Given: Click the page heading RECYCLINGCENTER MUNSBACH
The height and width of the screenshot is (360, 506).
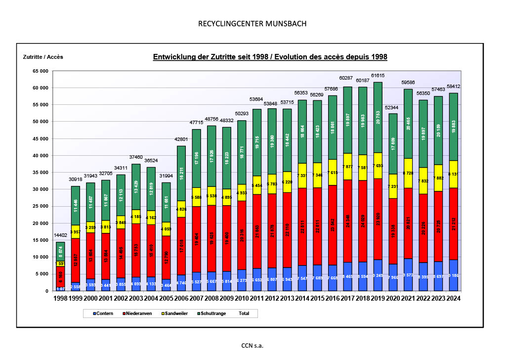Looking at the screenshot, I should point(253,24).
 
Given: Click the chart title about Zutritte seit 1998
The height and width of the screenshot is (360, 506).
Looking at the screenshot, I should point(270,57).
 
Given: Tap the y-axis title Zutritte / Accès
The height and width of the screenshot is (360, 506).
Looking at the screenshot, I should point(43,57).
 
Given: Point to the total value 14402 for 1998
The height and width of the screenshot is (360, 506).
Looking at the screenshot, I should point(61,235).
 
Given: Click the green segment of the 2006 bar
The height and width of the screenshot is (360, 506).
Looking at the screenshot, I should point(181,173).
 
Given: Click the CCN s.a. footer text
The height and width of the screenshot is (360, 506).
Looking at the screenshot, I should point(253,346).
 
